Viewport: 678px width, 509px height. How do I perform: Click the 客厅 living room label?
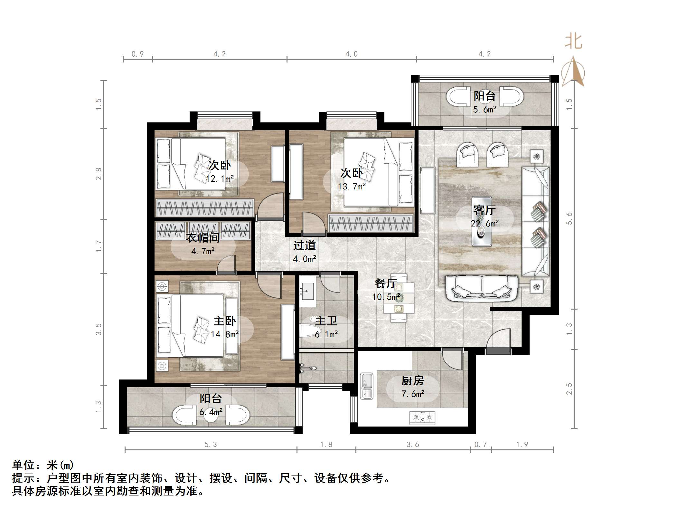[484, 210]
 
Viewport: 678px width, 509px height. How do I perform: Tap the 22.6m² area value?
[485, 224]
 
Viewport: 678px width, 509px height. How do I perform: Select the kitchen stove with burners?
[422, 418]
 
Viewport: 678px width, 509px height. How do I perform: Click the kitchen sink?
[366, 386]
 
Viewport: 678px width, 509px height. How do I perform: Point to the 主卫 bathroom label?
[326, 321]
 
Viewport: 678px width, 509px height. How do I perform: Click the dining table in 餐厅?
[399, 298]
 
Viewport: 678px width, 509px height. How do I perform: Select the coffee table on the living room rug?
[482, 222]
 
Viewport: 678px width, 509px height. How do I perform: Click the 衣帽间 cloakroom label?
[203, 238]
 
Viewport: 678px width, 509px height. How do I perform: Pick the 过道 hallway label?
[304, 246]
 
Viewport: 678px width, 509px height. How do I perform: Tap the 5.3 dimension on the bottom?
[211, 445]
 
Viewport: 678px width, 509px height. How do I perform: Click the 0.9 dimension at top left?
[137, 54]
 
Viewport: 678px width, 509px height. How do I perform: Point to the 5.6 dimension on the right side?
[569, 218]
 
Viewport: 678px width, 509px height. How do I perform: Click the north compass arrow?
[573, 72]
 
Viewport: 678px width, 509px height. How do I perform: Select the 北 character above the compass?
[574, 42]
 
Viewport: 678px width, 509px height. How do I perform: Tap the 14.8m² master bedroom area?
[225, 334]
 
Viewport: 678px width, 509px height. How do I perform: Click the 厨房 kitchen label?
[412, 381]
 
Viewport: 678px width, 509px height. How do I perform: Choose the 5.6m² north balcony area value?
[485, 110]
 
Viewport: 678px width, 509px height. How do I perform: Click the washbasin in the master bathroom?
[307, 292]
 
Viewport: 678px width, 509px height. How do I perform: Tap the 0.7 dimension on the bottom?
[480, 445]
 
